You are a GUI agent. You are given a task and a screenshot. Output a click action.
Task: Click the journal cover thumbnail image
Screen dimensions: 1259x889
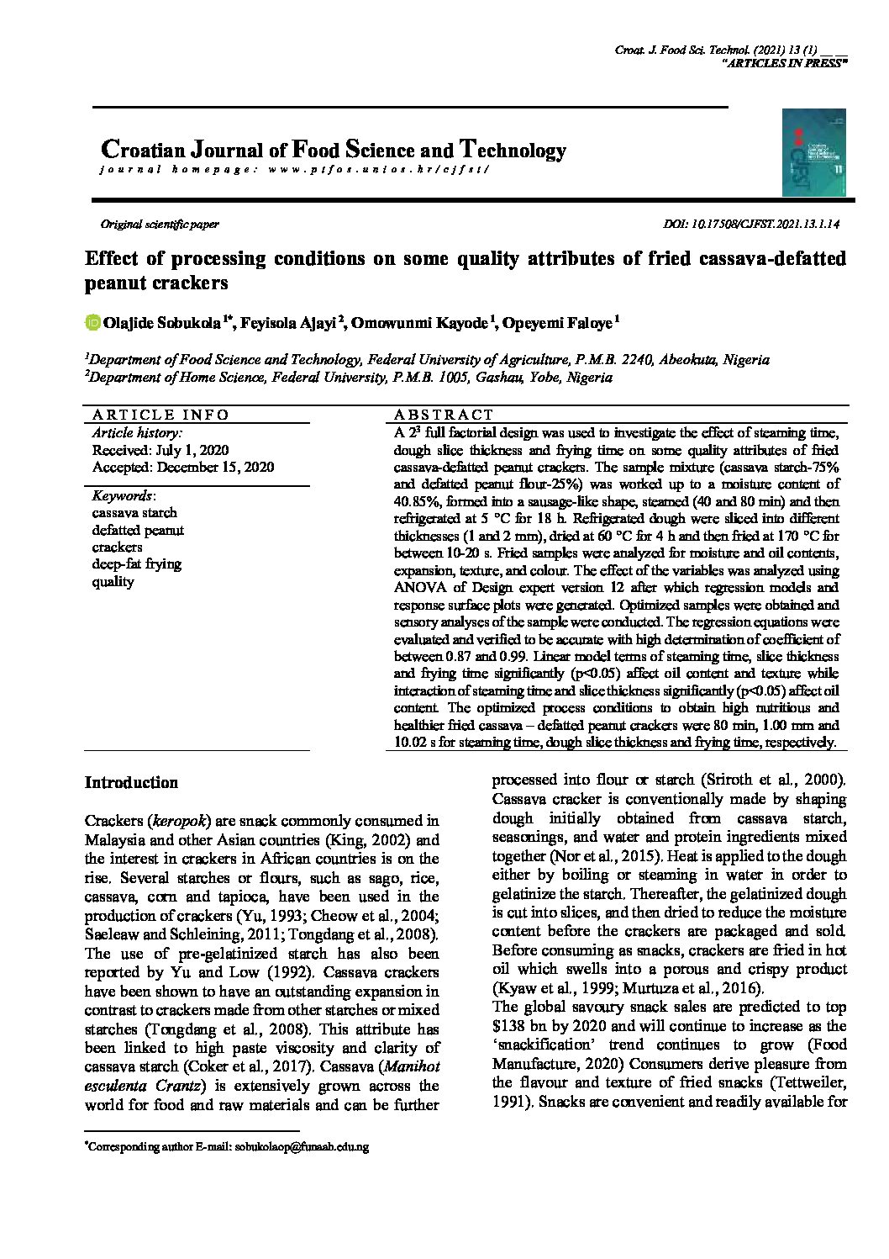coord(813,152)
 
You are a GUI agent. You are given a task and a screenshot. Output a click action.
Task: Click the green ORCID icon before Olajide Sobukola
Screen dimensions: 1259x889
coord(92,322)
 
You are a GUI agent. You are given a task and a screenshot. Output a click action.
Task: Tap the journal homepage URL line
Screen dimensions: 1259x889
coord(294,169)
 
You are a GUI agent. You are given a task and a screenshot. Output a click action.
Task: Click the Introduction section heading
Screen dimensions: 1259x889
coord(131,782)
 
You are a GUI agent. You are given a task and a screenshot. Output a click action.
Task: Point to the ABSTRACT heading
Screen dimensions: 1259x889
coord(444,415)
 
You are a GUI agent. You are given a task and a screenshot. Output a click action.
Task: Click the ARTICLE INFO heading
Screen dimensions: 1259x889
coord(160,415)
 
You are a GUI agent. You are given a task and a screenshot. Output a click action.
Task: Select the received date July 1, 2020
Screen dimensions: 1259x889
coord(160,450)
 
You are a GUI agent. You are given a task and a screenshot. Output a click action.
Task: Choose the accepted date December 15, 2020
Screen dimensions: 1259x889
coord(182,467)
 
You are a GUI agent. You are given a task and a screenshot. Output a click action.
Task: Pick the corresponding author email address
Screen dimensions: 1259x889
coord(302,1146)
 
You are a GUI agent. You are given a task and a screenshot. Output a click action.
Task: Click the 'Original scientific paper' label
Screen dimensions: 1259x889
coord(160,225)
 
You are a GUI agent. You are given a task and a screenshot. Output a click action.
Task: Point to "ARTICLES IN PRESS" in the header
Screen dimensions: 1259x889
coord(784,64)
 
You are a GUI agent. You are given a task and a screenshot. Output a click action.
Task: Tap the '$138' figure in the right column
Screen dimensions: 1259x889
coord(509,1026)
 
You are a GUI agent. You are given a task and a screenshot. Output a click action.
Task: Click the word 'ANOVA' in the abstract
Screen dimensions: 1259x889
coord(419,588)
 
